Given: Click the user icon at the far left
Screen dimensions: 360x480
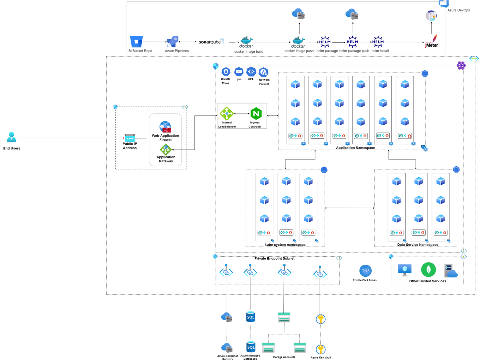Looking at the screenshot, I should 12,137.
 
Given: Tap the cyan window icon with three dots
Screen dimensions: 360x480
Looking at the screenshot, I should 130,138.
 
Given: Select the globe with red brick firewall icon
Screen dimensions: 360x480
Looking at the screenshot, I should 165,127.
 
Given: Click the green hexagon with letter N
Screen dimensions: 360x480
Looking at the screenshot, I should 256,114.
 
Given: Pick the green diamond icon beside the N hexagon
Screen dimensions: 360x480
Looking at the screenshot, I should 227,114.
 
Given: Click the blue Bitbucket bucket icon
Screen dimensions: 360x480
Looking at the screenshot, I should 136,41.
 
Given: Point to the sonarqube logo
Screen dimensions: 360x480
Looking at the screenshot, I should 211,41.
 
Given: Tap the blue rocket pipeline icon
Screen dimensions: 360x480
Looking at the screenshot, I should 173,42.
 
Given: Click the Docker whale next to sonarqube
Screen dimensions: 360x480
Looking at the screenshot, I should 246,42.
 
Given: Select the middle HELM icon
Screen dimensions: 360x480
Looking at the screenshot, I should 352,42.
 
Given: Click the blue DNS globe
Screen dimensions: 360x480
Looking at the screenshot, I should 365,271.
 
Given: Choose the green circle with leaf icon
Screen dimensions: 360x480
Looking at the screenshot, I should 428,270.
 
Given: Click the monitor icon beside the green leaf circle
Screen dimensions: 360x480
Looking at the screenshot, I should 405,270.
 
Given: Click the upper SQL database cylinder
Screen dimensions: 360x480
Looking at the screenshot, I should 251,317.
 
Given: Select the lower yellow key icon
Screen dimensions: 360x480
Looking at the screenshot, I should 320,349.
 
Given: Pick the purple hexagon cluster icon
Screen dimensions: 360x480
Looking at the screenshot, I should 461,65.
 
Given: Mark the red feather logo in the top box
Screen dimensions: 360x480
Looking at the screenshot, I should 432,41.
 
